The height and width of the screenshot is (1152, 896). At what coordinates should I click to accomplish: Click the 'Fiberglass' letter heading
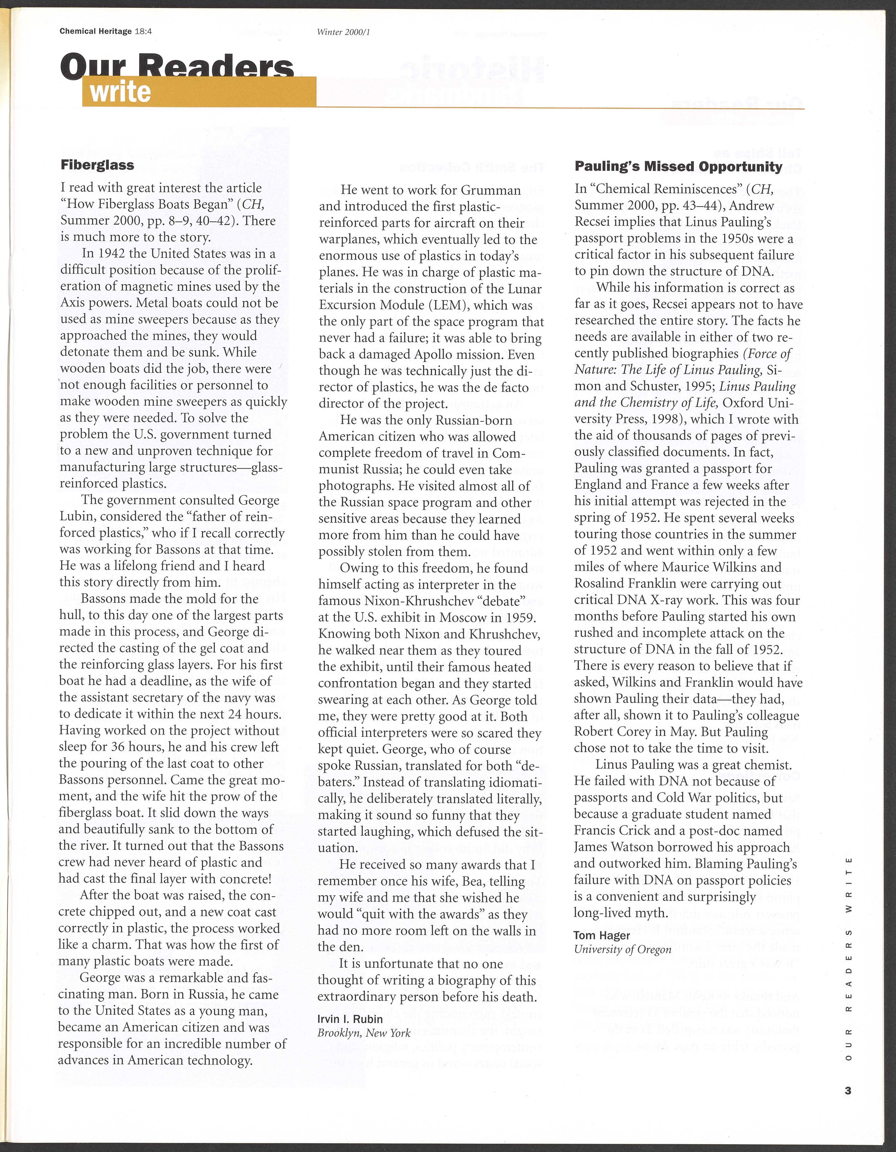(97, 165)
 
